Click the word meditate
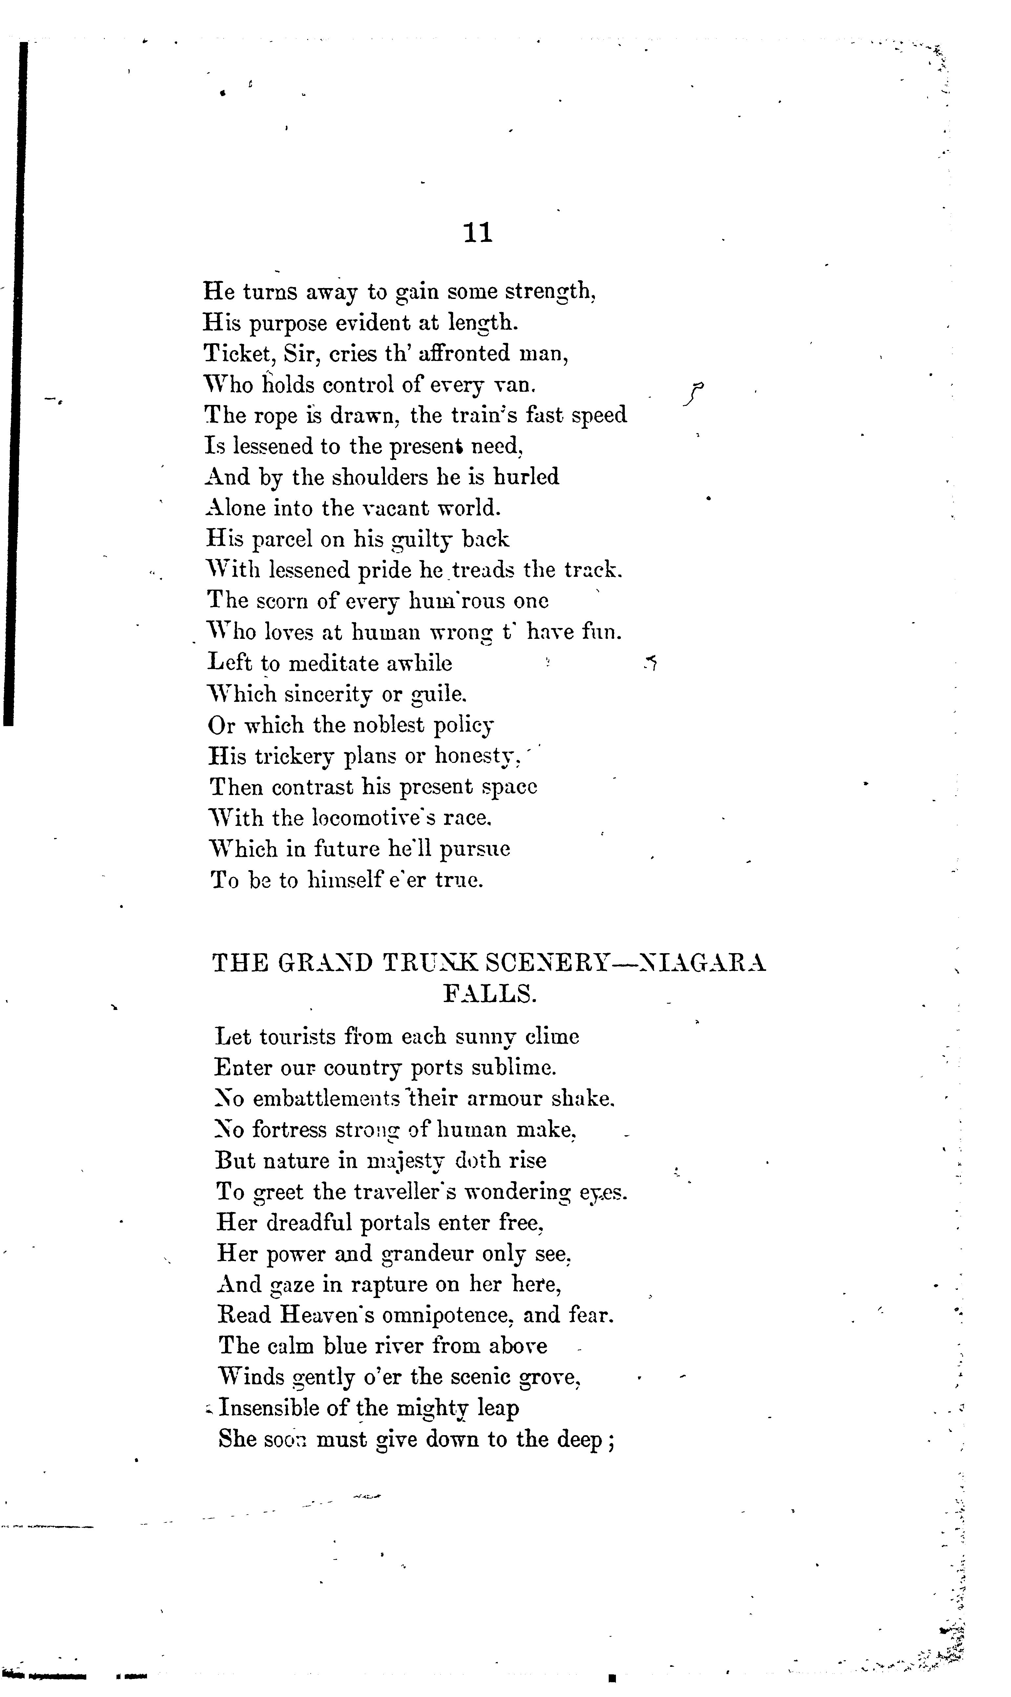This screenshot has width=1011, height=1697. [339, 663]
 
